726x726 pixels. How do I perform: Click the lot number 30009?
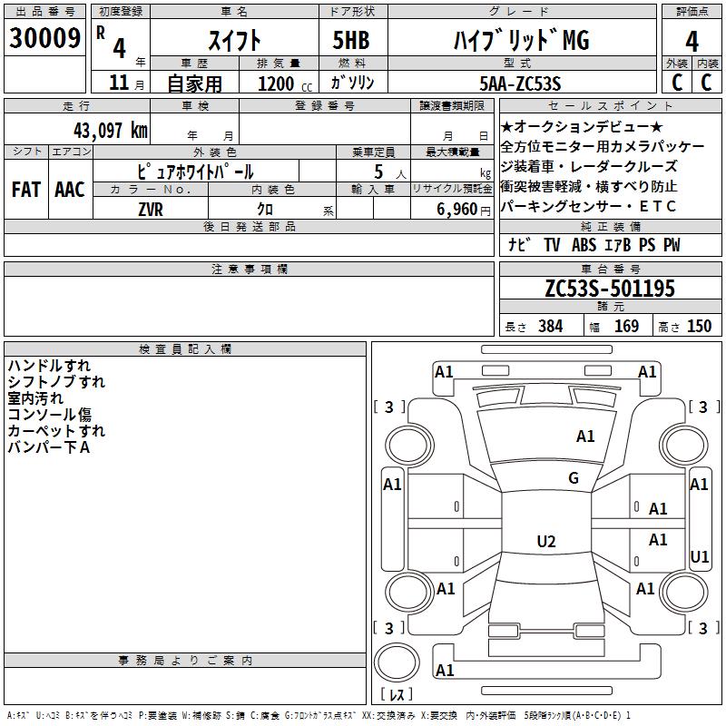point(44,38)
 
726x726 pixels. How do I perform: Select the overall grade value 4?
point(692,42)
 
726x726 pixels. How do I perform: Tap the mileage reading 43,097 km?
point(111,131)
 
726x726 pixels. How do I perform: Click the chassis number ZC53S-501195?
point(610,289)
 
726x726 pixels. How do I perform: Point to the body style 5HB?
point(351,40)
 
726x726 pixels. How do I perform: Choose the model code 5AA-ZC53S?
point(520,83)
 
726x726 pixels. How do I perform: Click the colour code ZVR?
point(151,210)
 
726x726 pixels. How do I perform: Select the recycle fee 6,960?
point(457,210)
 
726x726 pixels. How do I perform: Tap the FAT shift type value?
point(26,190)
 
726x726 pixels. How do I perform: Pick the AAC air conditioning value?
point(70,190)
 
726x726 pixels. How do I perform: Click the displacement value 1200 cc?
point(285,83)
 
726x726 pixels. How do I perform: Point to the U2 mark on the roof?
point(546,541)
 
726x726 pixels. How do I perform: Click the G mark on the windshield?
point(574,478)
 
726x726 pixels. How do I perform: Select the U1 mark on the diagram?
point(699,556)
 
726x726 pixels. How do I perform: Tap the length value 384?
point(551,326)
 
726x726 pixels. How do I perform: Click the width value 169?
point(626,326)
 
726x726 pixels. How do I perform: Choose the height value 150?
point(699,326)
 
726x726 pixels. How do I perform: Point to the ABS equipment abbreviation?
point(584,245)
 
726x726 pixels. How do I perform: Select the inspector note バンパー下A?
point(49,447)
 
